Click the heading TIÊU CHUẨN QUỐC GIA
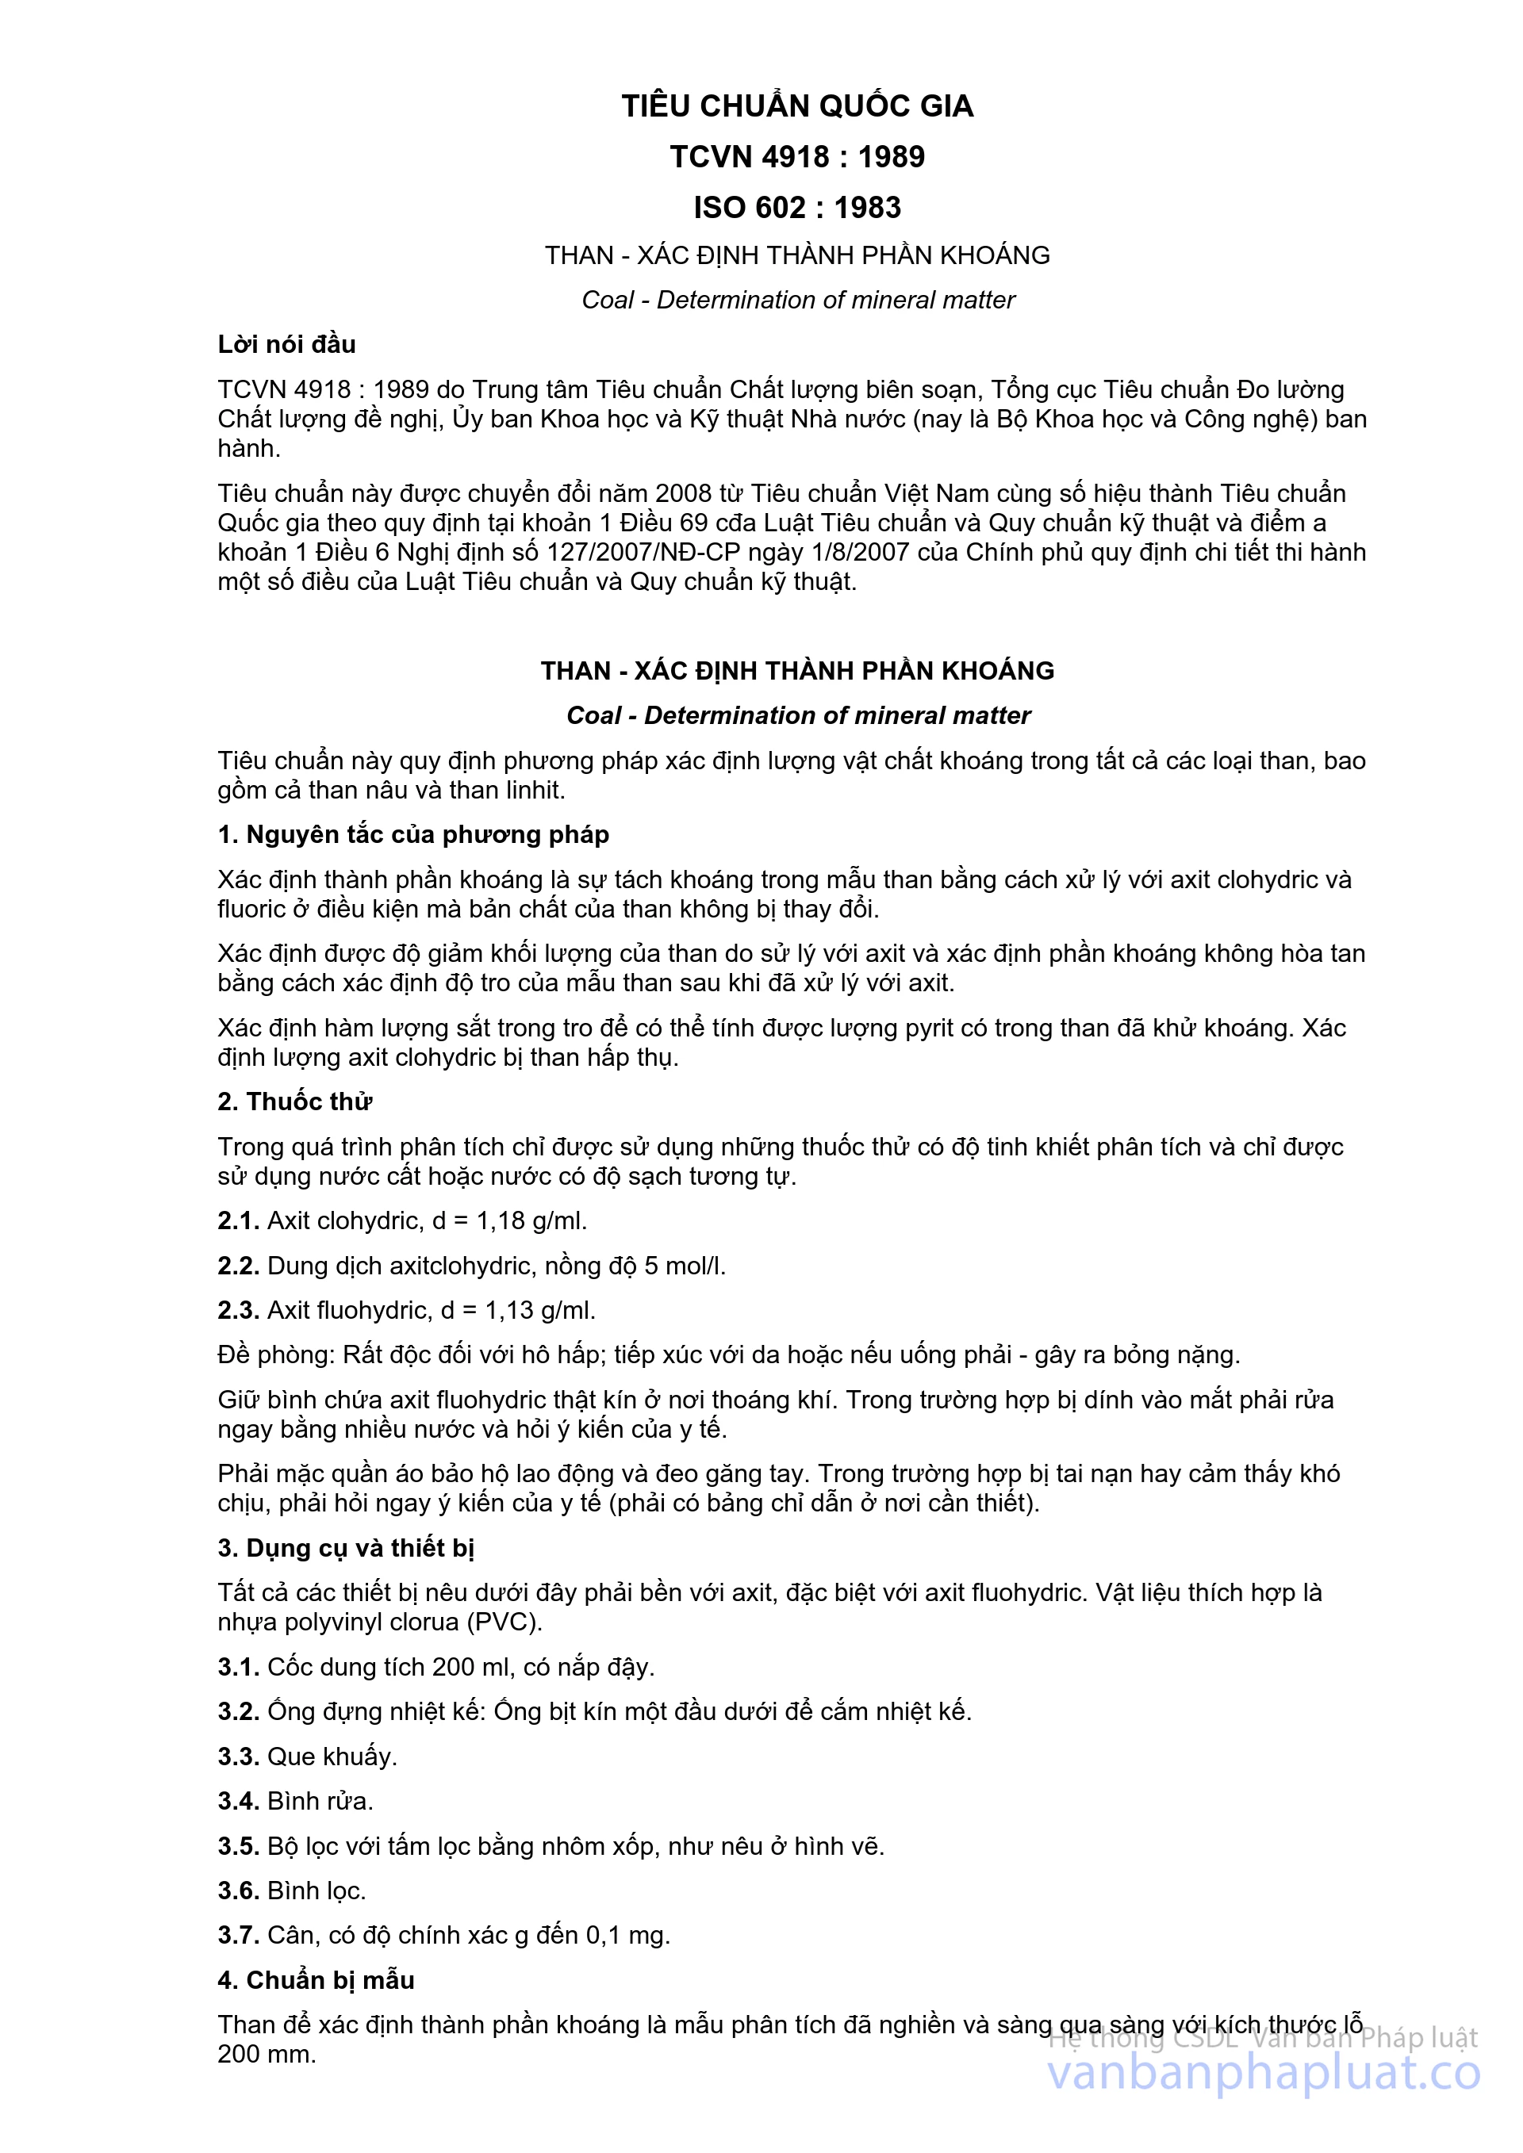797,106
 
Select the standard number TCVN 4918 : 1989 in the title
797,156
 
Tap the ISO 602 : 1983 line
797,207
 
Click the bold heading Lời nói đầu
286,344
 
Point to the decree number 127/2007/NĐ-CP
639,551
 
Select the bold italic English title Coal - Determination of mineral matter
798,715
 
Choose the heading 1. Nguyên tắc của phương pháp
412,834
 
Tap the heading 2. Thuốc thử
294,1101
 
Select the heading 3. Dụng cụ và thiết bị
345,1547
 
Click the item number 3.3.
238,1756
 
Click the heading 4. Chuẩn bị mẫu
315,1979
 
